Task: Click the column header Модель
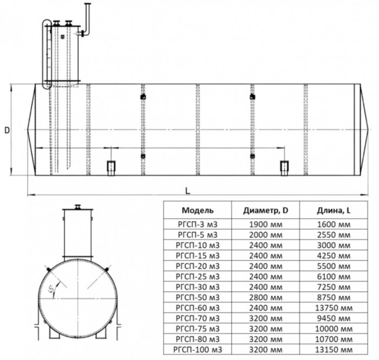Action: coord(198,210)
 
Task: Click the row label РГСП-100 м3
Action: coord(198,349)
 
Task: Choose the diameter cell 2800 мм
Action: coord(265,297)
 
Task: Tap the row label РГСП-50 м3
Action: coord(198,297)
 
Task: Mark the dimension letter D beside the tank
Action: coord(6,130)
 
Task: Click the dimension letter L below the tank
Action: coord(187,190)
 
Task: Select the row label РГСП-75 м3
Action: coord(198,328)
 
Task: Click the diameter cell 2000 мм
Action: coord(265,234)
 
